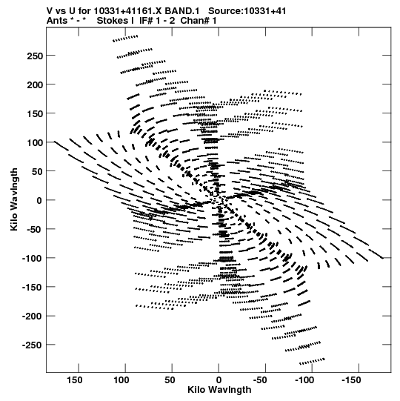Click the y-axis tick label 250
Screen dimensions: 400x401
[35, 56]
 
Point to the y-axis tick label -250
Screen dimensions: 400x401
[33, 345]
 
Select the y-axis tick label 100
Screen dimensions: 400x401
[35, 143]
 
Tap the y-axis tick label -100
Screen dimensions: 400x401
[33, 259]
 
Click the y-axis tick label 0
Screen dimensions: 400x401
[39, 200]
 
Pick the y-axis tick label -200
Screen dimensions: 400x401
[33, 317]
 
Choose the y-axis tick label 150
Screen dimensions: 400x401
[35, 113]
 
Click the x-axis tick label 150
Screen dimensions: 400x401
[75, 380]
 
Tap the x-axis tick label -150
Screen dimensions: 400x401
[351, 380]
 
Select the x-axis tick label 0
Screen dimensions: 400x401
[219, 380]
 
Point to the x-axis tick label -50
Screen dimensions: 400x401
[260, 380]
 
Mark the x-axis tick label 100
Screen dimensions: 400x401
[121, 380]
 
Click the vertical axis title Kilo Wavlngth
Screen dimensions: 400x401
[14, 199]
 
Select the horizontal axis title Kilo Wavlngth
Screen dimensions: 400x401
[219, 391]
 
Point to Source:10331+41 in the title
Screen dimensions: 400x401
[247, 11]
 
